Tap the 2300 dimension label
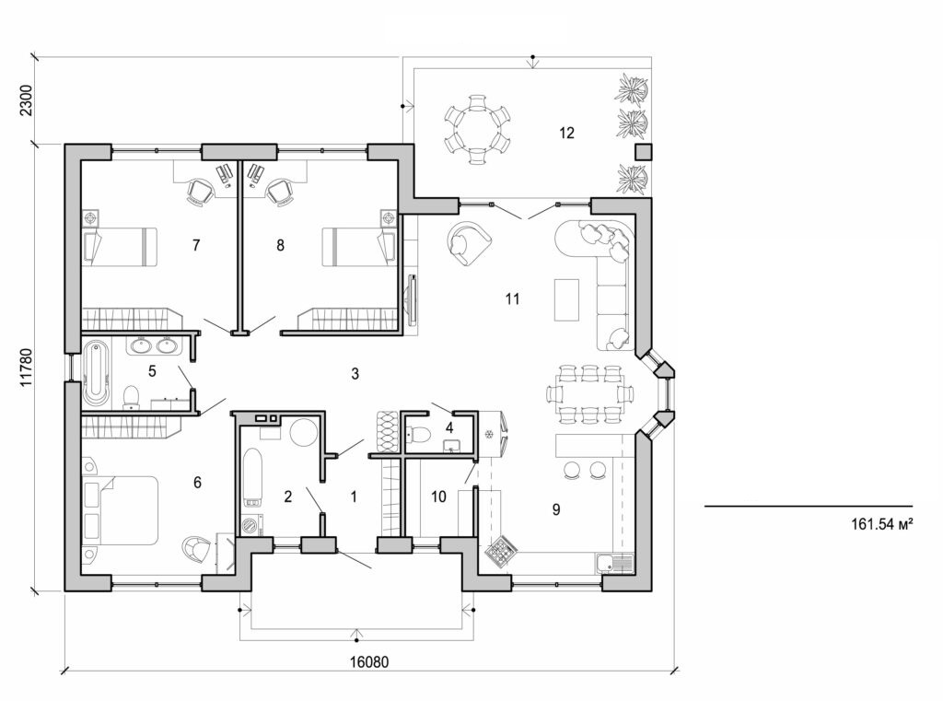point(26,99)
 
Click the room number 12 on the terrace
point(565,133)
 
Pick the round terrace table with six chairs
point(476,130)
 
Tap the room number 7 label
point(195,245)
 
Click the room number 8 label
point(281,245)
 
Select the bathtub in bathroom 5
point(95,374)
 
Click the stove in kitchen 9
point(500,552)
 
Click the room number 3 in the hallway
point(354,373)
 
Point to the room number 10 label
point(438,497)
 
